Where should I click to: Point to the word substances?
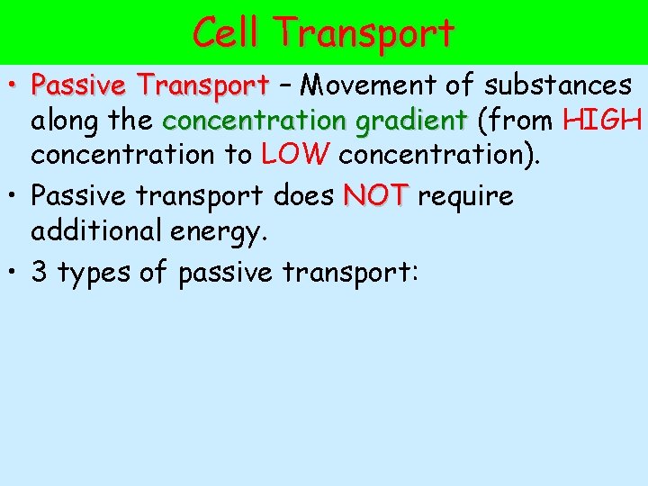click(x=557, y=86)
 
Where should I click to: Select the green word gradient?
click(x=412, y=121)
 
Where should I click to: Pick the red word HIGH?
click(x=601, y=121)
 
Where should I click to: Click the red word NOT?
click(x=376, y=196)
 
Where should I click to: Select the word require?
click(x=465, y=196)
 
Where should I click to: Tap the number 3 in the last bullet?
click(x=40, y=272)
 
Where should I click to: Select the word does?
click(x=304, y=196)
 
